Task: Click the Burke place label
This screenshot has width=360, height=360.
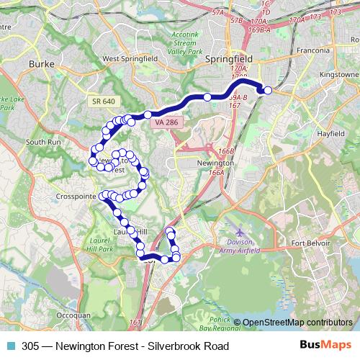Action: (37, 64)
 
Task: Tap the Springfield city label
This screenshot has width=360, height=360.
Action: (227, 59)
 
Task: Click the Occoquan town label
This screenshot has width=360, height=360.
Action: (73, 315)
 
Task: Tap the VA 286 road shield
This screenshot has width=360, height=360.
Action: (166, 123)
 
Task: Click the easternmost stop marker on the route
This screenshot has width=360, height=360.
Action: (268, 90)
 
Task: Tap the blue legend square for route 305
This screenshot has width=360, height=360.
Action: (12, 346)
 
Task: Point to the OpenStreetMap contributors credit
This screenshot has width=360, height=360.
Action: (297, 323)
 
